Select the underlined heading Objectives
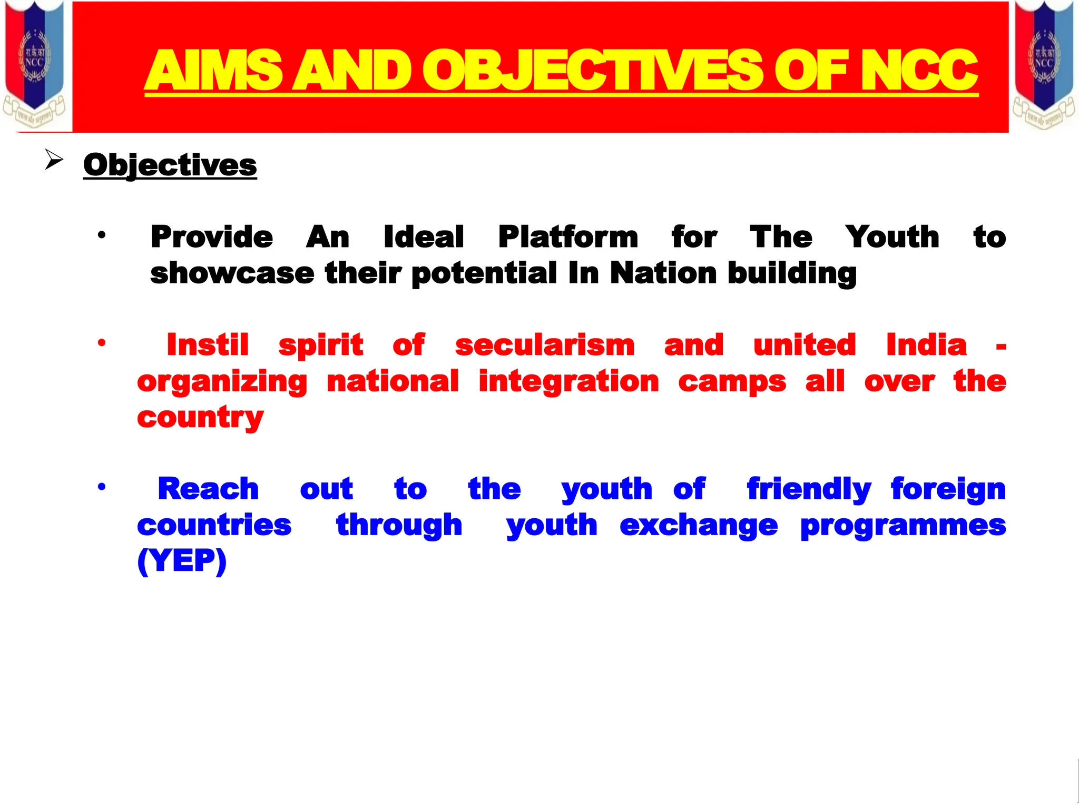pyautogui.click(x=170, y=165)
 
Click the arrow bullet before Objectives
pyautogui.click(x=54, y=160)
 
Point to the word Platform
pyautogui.click(x=568, y=238)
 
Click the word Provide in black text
pyautogui.click(x=212, y=237)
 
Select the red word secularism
pyautogui.click(x=544, y=346)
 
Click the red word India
pyautogui.click(x=926, y=346)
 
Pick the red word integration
pyautogui.click(x=568, y=382)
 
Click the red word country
pyautogui.click(x=200, y=418)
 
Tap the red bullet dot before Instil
pyautogui.click(x=102, y=343)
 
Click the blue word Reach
pyautogui.click(x=208, y=489)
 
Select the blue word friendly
pyautogui.click(x=809, y=489)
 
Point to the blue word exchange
pyautogui.click(x=699, y=526)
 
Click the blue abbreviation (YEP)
pyautogui.click(x=182, y=561)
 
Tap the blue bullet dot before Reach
pyautogui.click(x=102, y=487)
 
